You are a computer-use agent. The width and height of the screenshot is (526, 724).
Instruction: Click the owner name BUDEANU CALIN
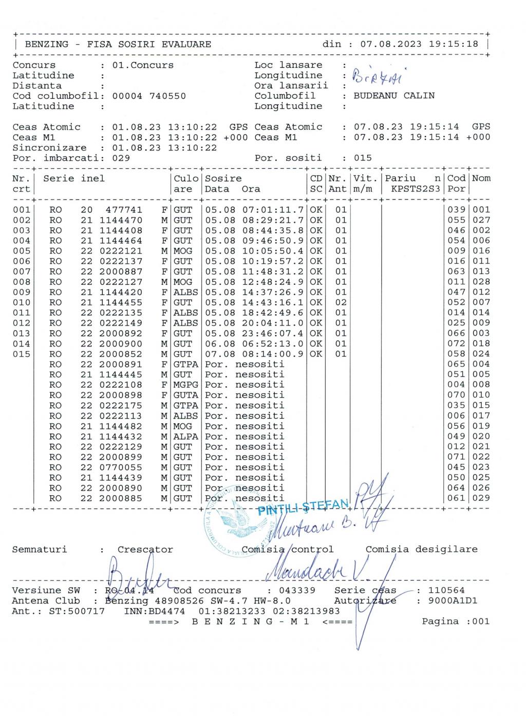(x=393, y=96)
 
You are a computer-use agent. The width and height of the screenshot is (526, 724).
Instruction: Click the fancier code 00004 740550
(x=149, y=96)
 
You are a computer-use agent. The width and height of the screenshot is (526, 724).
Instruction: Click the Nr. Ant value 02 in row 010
(x=341, y=302)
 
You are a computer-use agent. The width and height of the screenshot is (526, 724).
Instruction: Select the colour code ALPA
(x=185, y=437)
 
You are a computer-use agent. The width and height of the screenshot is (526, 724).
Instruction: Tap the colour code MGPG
(x=185, y=385)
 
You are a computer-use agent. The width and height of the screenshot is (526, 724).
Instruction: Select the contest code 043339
(x=297, y=590)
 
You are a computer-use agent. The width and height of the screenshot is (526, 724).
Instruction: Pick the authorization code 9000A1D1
(x=453, y=601)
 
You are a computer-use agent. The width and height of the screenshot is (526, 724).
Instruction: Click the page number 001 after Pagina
(x=481, y=621)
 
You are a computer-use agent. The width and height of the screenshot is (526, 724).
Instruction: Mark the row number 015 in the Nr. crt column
(x=21, y=354)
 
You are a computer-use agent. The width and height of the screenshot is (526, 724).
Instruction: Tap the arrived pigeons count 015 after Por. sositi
(x=363, y=158)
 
